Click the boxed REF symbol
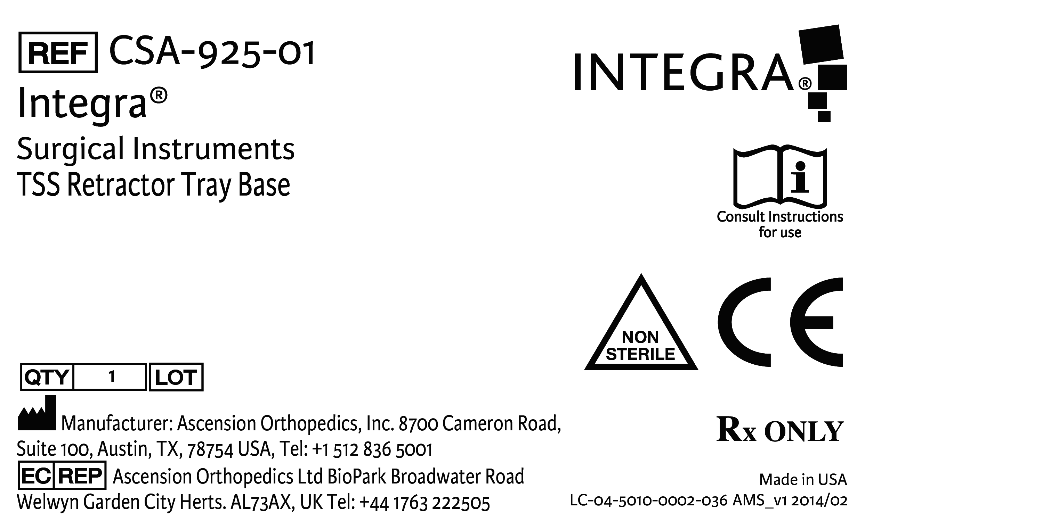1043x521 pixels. click(58, 52)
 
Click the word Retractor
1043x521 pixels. click(121, 185)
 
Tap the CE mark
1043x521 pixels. click(780, 322)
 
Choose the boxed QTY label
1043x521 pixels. click(47, 377)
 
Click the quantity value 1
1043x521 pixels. click(112, 377)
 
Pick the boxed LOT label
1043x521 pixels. click(176, 377)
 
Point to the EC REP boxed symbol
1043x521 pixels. click(62, 476)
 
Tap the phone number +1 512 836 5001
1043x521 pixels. click(372, 449)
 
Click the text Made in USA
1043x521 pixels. click(802, 480)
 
